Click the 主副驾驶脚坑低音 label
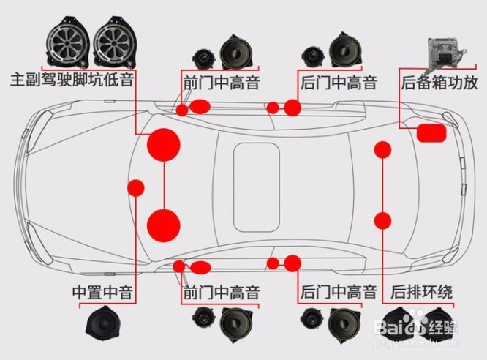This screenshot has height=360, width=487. (x=71, y=78)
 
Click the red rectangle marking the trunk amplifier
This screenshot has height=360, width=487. (x=431, y=132)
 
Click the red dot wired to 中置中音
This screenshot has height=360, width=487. (x=136, y=187)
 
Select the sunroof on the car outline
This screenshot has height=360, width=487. (x=256, y=184)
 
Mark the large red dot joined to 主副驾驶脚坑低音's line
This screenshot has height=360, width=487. (x=164, y=144)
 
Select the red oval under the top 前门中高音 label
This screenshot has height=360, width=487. (x=200, y=107)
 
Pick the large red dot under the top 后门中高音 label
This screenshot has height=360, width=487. (x=292, y=108)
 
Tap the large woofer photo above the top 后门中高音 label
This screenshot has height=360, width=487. (x=343, y=48)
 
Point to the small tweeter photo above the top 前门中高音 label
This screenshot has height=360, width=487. (x=203, y=56)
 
